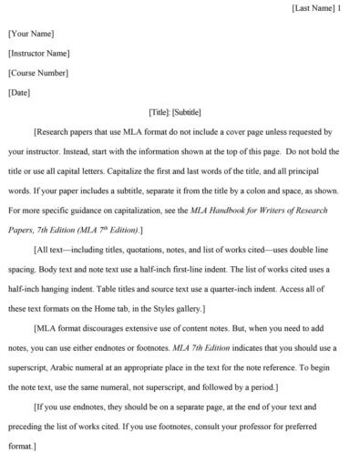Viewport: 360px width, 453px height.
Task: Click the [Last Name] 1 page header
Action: (316, 8)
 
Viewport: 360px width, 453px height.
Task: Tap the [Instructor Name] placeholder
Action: (39, 53)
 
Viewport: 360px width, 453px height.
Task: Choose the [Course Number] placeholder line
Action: (38, 73)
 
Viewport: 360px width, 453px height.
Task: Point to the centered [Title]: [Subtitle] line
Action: (180, 112)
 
